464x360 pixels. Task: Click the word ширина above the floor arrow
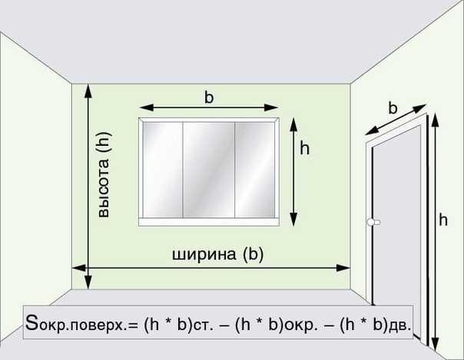point(204,255)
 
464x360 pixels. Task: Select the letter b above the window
point(209,97)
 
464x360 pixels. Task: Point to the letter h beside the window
point(304,148)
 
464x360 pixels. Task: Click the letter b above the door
point(393,108)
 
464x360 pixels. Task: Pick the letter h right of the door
point(443,220)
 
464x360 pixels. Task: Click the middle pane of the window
point(209,170)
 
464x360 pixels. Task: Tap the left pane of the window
point(162,170)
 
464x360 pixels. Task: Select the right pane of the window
point(255,170)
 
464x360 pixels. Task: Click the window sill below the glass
point(209,223)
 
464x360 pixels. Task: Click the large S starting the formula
point(31,322)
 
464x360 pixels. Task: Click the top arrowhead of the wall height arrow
point(88,91)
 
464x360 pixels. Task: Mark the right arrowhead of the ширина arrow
point(343,268)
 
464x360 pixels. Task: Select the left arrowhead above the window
point(146,107)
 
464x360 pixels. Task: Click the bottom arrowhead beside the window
point(293,220)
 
